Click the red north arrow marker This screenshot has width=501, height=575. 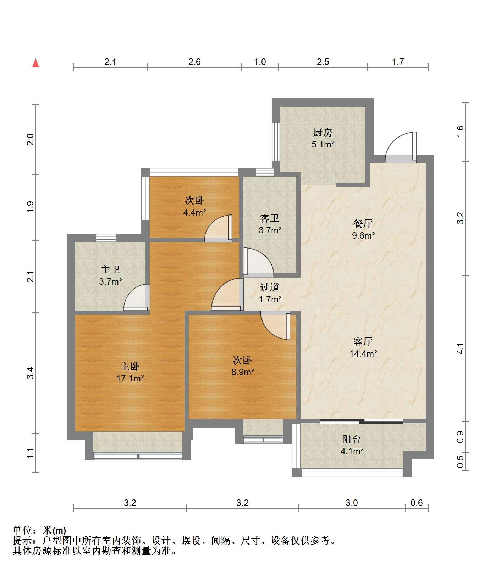[35, 63]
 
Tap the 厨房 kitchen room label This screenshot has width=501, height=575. [323, 133]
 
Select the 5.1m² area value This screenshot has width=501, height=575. [323, 144]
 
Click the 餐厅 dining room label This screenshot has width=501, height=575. [363, 223]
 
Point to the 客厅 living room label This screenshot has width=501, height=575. [363, 341]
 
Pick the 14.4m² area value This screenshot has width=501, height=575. [363, 353]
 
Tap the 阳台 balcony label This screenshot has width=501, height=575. [352, 439]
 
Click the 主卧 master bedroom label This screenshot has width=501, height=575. [130, 367]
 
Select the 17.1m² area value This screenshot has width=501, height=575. [130, 378]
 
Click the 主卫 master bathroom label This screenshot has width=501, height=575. [110, 270]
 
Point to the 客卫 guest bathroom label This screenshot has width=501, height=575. [270, 218]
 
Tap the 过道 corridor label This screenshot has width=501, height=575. [270, 287]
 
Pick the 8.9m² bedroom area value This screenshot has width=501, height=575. [243, 372]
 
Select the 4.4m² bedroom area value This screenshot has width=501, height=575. [194, 212]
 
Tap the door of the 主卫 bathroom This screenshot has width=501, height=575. [136, 297]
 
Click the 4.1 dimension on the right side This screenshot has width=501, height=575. [460, 348]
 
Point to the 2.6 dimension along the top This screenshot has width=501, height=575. [194, 62]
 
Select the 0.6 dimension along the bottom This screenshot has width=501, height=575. [417, 503]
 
